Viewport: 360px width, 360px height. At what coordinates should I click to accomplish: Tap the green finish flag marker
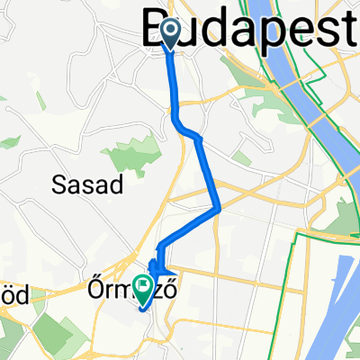coord(143,285)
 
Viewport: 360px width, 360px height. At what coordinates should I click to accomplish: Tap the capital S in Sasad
coord(51,184)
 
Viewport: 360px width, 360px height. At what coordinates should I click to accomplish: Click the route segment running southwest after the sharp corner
coord(189,228)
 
